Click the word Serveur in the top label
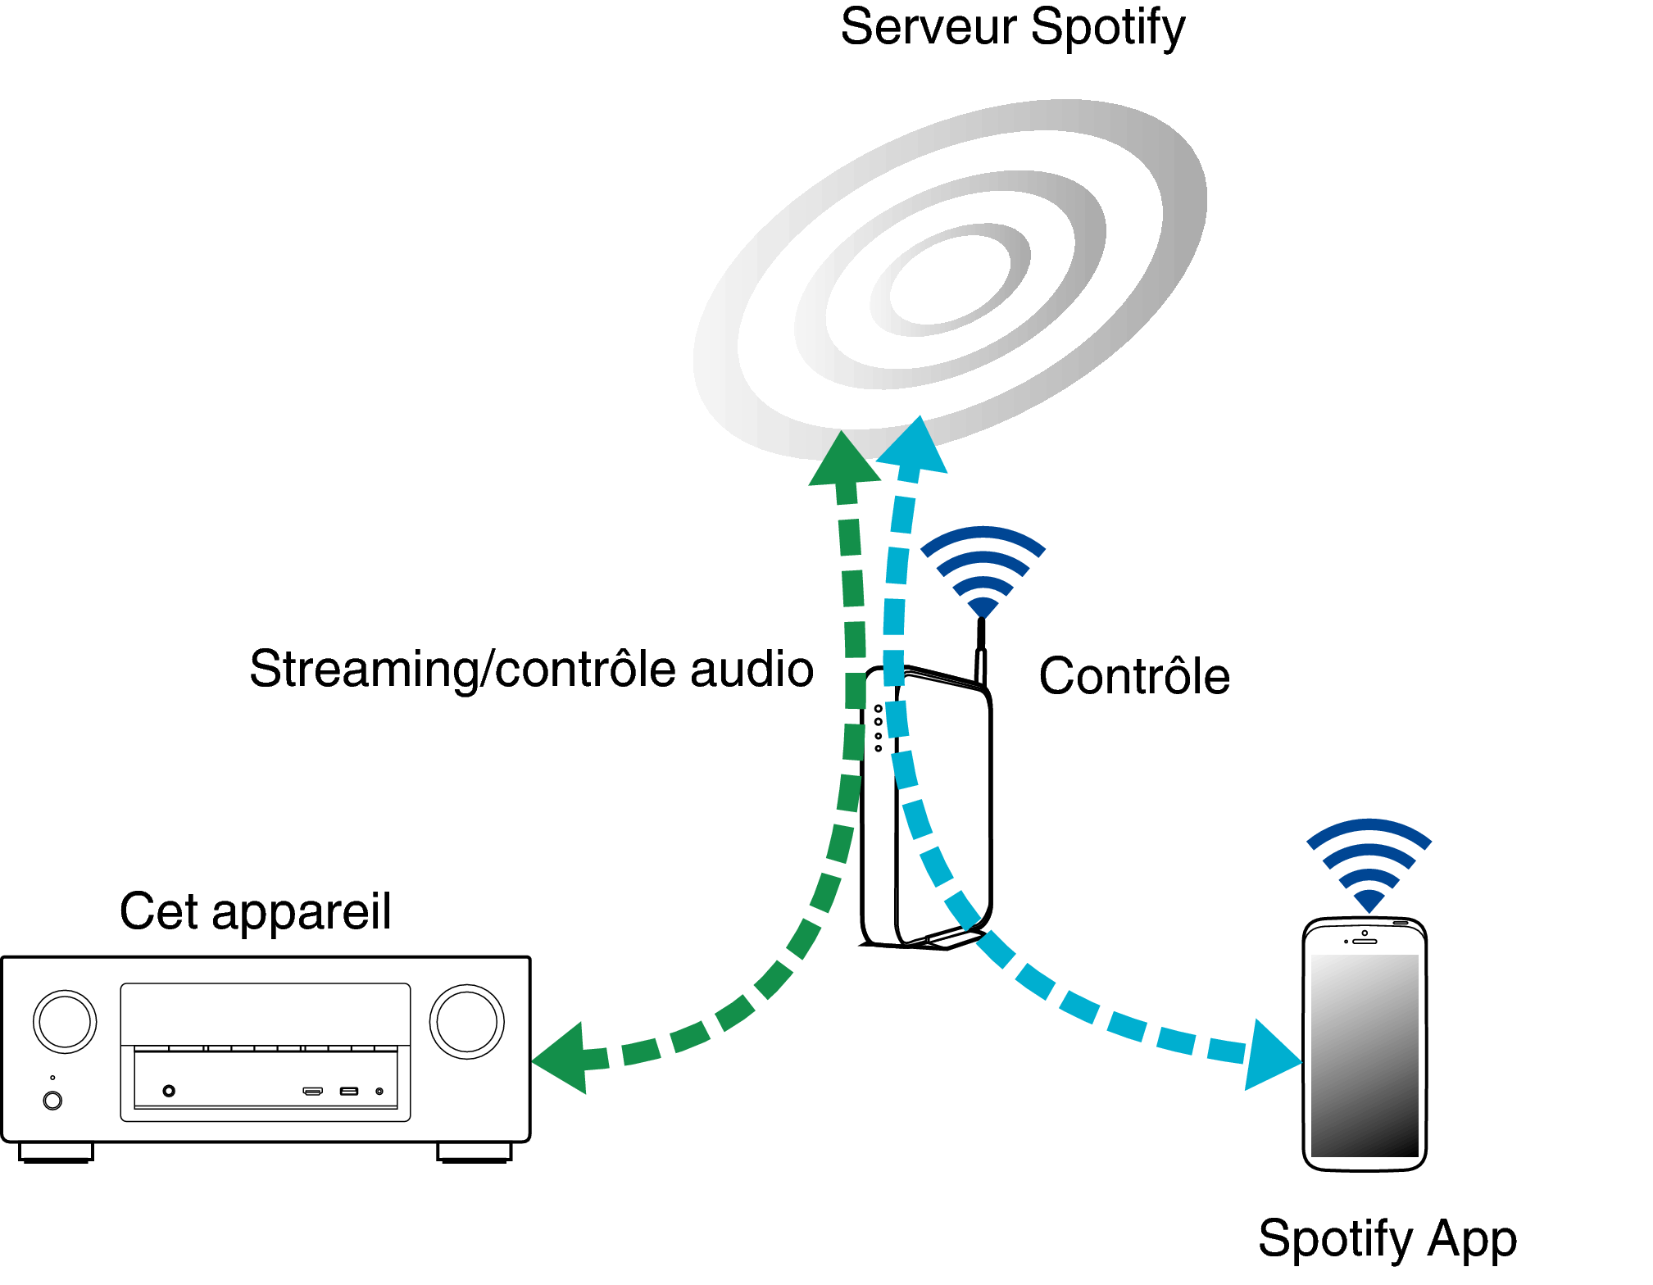(x=928, y=27)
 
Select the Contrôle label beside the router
(x=1134, y=676)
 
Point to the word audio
(x=752, y=669)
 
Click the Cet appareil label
(x=256, y=911)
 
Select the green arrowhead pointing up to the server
(x=843, y=458)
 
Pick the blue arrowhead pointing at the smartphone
(x=1272, y=1055)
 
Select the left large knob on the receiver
(x=65, y=1022)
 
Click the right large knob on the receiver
(x=467, y=1022)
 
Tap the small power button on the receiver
(x=52, y=1101)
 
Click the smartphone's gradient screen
(x=1365, y=1056)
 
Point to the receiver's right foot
(x=475, y=1152)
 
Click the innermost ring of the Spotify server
(x=950, y=279)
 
